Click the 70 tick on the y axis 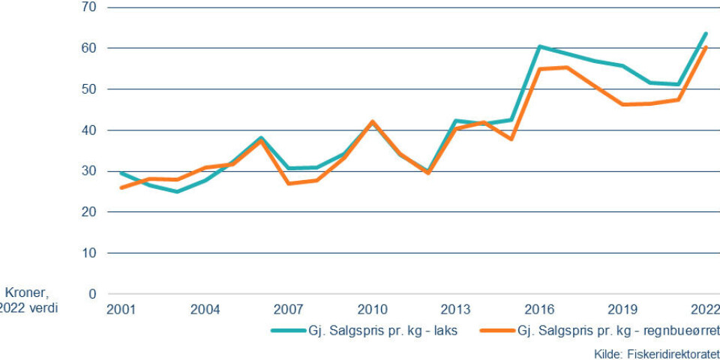click(91, 7)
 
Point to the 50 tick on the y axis click(91, 89)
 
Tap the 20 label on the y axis click(91, 212)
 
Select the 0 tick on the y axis click(94, 294)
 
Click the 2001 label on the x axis click(121, 309)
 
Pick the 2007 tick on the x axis click(288, 309)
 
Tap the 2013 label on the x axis click(455, 309)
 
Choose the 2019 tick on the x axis click(622, 309)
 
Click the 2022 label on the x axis click(706, 309)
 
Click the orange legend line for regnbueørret click(496, 331)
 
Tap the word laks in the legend click(444, 331)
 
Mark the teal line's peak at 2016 click(539, 46)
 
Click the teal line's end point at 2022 click(706, 34)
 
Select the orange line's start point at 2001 click(121, 187)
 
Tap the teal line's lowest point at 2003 click(177, 191)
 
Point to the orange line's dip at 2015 click(511, 139)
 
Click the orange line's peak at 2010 click(372, 121)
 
